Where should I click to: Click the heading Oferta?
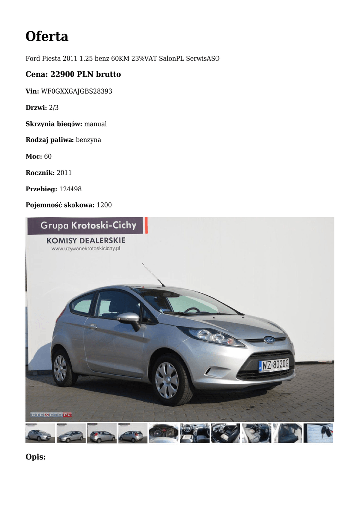coord(47,36)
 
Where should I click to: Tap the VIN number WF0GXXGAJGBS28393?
coord(76,91)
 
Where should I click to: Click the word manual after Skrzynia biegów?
coord(95,124)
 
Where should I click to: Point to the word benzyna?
coord(88,140)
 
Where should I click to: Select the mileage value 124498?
coord(71,189)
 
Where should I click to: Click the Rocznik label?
coord(40,173)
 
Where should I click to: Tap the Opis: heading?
coord(35,456)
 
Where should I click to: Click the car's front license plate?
coord(274,365)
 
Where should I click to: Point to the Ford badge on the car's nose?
coord(269,340)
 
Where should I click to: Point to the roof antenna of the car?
coord(152,274)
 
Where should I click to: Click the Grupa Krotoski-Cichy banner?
coord(87,226)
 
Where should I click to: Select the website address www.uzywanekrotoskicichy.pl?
coord(86,248)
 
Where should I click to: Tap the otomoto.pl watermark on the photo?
coord(51,414)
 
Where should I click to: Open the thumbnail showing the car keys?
coord(318,433)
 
